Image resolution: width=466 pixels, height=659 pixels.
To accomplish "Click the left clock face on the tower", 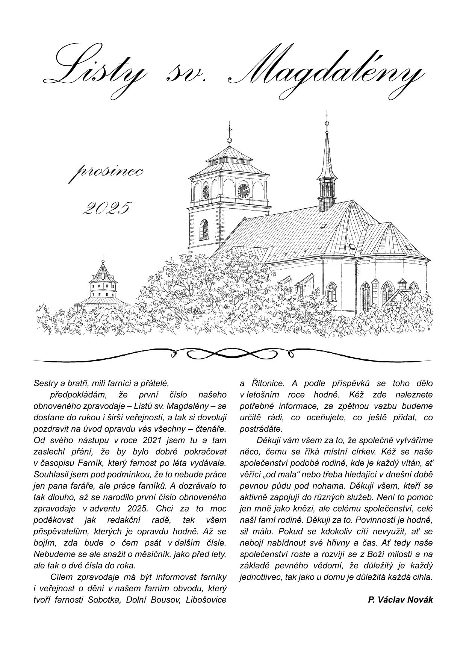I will click(206, 192).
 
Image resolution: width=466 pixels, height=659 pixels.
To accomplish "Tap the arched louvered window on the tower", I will click(204, 230).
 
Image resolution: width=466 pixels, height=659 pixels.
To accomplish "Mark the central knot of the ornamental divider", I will click(232, 353).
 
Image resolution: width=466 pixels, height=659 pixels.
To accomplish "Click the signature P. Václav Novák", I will click(400, 600).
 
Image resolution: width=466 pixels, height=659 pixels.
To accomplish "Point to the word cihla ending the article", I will click(422, 577).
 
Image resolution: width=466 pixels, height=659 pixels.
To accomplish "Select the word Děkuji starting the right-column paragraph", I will click(268, 440).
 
